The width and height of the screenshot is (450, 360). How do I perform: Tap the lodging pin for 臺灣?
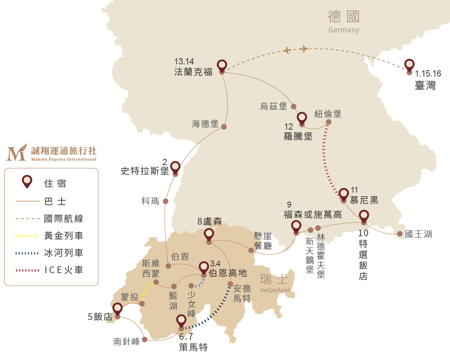click(x=409, y=66)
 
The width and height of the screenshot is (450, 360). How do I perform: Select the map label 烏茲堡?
click(x=274, y=106)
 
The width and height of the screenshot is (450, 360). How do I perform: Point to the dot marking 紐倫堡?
click(x=328, y=122)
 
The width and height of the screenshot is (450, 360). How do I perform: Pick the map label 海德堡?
click(x=205, y=124)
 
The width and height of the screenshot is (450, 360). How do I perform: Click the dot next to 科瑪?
click(x=166, y=201)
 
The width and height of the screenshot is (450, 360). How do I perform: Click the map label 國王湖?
click(x=418, y=234)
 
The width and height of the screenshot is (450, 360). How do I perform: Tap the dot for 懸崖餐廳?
click(x=251, y=250)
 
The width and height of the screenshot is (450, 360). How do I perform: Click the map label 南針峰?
click(x=126, y=342)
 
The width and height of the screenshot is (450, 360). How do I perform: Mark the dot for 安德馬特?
click(x=230, y=284)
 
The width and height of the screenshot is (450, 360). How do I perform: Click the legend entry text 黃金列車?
click(x=63, y=236)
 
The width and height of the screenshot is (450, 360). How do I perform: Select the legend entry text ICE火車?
click(x=63, y=270)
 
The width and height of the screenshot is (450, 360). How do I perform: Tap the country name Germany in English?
click(x=344, y=30)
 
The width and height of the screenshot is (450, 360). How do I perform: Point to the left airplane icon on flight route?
click(x=287, y=50)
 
